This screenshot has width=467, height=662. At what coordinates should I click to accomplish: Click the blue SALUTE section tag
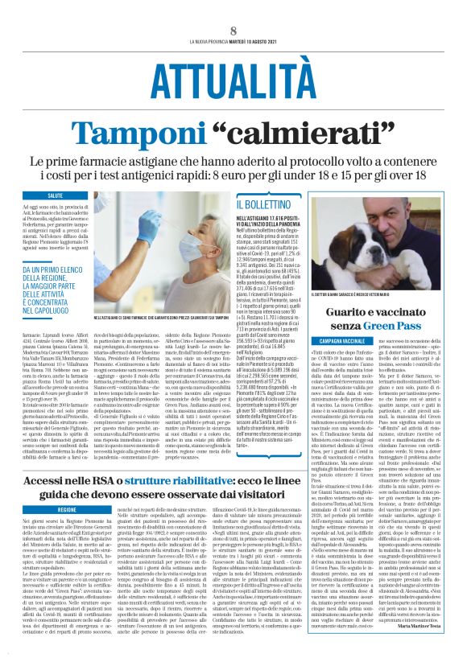(56, 195)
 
